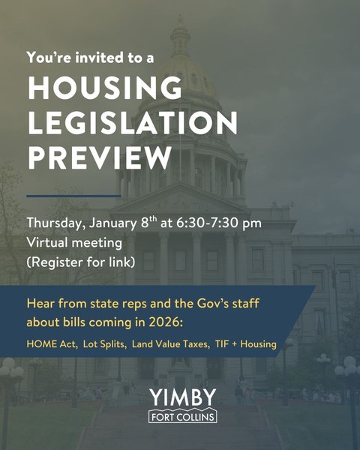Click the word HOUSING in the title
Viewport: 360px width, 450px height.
(105, 88)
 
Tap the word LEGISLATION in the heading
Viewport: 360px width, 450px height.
(133, 123)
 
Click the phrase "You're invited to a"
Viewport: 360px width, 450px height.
(90, 57)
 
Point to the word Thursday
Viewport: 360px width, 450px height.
(54, 224)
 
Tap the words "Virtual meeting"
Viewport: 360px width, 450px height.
(73, 243)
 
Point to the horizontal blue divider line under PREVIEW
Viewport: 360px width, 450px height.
(73, 196)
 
